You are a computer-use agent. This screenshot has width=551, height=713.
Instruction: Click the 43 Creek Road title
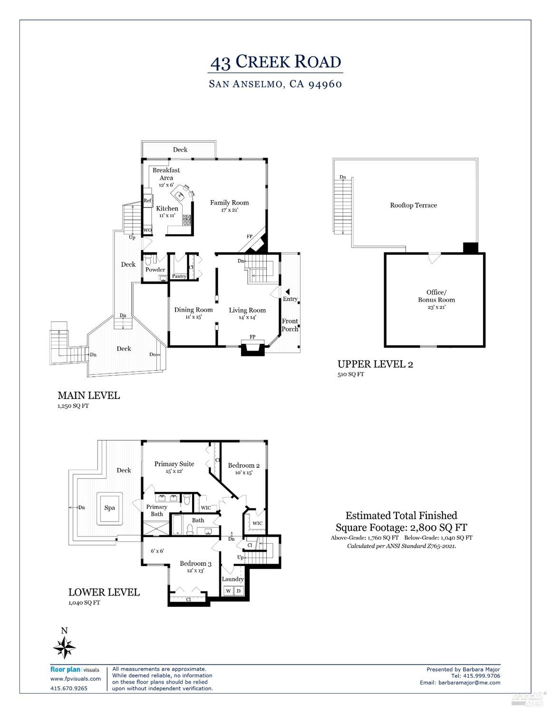(x=276, y=62)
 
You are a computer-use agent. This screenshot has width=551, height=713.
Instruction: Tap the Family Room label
(x=230, y=203)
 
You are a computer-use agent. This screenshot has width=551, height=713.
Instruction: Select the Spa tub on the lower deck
(x=110, y=508)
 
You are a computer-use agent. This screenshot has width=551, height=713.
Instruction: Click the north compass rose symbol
(x=64, y=647)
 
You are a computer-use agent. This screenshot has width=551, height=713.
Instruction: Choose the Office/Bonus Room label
(x=436, y=296)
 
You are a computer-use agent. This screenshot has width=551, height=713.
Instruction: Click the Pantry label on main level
(x=179, y=276)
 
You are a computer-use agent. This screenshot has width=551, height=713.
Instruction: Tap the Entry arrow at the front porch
(x=287, y=291)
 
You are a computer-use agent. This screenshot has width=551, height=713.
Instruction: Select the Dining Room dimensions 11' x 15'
(x=193, y=317)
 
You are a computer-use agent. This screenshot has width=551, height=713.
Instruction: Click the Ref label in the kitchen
(x=147, y=201)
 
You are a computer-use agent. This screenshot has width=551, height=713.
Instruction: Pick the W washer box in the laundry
(x=229, y=591)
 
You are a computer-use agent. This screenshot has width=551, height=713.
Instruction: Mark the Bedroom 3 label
(x=195, y=564)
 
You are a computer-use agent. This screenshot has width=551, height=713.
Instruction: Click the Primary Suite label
(x=174, y=464)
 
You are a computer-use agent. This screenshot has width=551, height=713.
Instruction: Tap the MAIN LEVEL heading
(x=88, y=395)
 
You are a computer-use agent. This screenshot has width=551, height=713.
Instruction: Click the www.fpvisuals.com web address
(x=76, y=679)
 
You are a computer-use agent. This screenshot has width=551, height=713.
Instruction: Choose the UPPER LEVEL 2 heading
(x=375, y=364)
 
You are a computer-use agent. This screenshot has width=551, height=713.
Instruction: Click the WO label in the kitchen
(x=147, y=230)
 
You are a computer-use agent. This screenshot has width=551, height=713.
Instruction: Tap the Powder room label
(x=155, y=270)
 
